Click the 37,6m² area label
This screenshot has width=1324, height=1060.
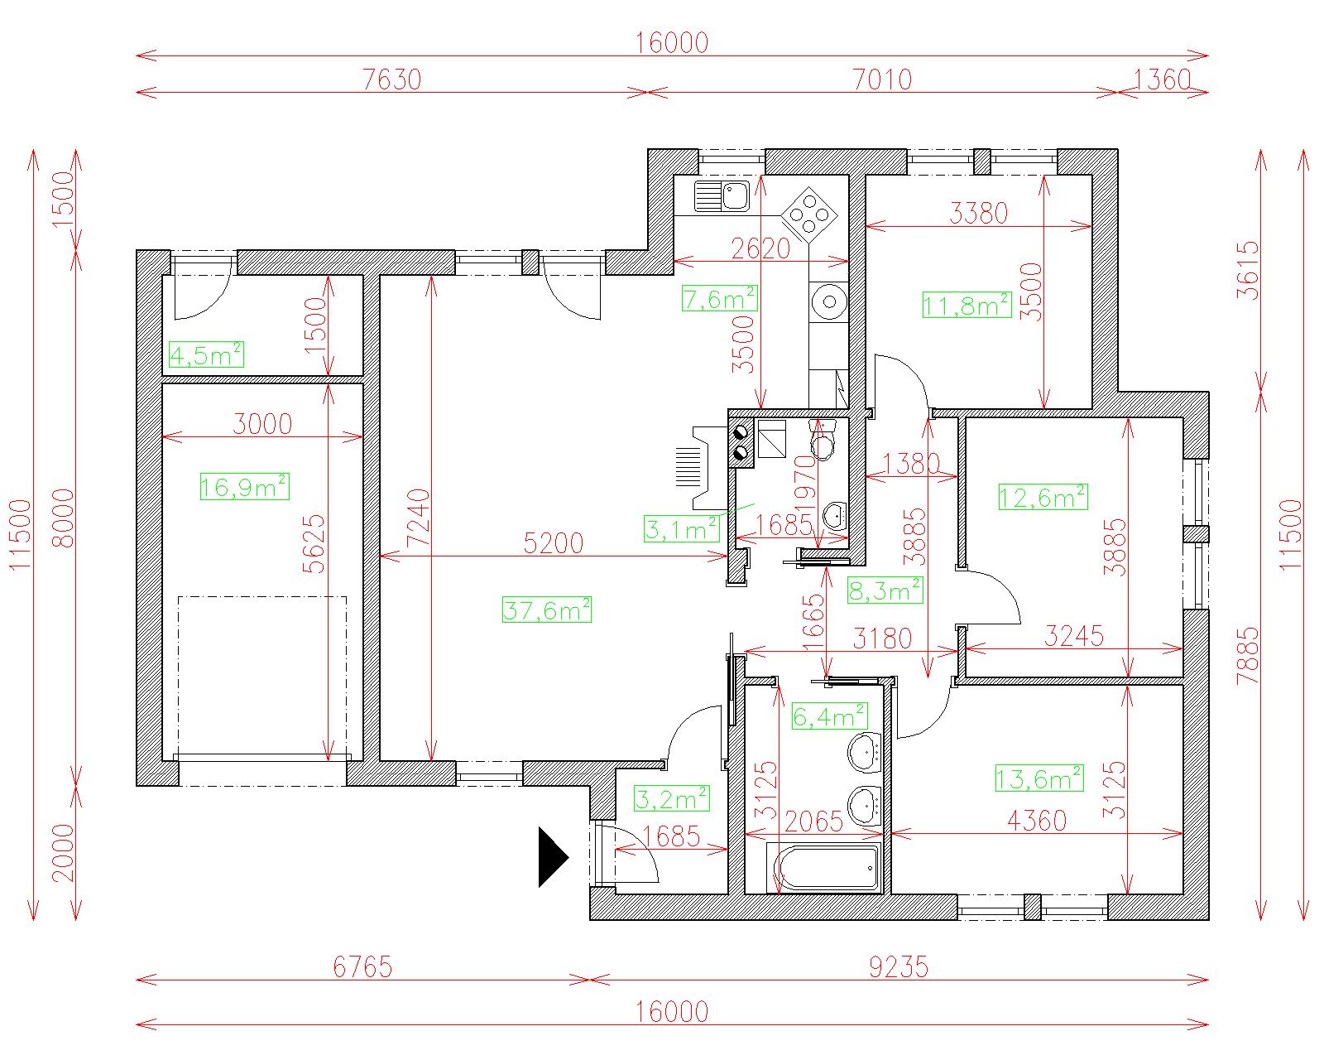pos(546,609)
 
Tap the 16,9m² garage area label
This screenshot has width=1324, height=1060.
pos(244,486)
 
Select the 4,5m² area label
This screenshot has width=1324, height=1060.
pos(206,354)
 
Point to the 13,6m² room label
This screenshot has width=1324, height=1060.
pos(1039,778)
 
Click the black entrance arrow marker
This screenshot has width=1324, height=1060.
pos(553,857)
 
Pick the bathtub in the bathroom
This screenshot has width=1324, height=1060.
pos(824,868)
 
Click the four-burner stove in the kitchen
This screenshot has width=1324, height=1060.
pos(809,215)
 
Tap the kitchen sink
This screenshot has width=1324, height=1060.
pos(722,196)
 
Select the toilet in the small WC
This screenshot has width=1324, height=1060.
pos(823,440)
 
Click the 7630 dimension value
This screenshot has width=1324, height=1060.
pos(392,79)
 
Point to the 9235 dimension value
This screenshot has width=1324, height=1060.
pos(899,967)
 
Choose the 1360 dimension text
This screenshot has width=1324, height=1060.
pos(1162,79)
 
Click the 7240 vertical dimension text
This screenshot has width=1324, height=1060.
pos(420,518)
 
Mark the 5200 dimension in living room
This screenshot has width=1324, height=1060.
pos(553,543)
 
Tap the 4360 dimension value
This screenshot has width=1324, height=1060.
pos(1037,821)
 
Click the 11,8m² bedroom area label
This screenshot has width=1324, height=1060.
pos(967,305)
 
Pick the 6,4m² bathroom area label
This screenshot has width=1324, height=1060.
pos(830,715)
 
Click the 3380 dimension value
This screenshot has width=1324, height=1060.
pos(978,213)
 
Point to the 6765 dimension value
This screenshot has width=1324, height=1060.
pos(362,967)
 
